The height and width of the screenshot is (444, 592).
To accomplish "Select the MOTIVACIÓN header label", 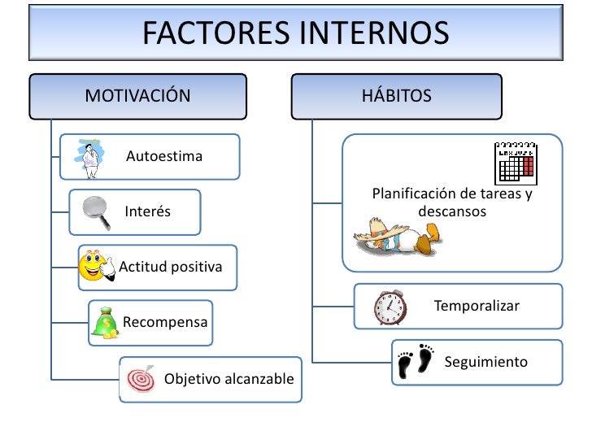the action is point(137,96).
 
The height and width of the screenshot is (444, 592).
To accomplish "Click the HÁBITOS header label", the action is point(397,96).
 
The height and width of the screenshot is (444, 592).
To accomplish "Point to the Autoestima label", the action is point(164,156).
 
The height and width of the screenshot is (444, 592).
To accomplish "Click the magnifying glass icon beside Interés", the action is point(97,212).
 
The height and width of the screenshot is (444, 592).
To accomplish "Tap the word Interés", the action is point(147,212).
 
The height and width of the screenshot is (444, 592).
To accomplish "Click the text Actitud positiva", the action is point(171,267).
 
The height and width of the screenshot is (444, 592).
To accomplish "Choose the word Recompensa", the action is point(165,322).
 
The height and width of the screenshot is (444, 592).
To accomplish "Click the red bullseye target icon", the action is point(141,379).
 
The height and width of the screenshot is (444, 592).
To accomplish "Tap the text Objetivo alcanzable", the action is point(229,379).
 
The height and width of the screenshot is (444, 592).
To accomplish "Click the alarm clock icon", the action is point(390,307).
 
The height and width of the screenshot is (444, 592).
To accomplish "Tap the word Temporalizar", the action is point(477,307).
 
